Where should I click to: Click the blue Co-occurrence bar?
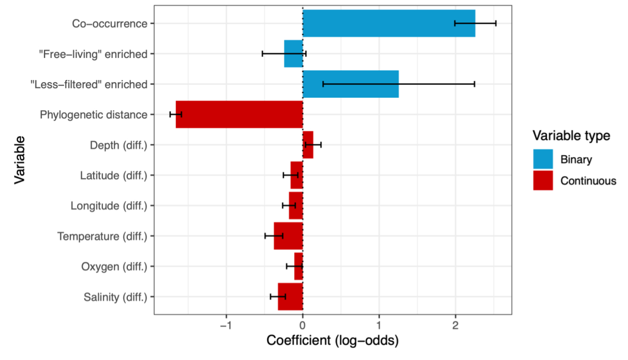pos(388,23)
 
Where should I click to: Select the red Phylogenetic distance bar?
pos(239,114)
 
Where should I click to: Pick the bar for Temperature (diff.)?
pos(288,236)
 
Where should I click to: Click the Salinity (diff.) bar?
pos(290,296)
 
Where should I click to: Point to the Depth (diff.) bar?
pos(308,145)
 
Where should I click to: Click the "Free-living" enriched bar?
pos(293,53)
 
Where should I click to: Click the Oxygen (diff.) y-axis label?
pos(114,267)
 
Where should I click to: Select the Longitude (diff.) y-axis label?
pos(109,206)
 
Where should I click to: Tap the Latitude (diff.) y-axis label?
pos(114,175)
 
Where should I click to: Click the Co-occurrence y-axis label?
pos(110,23)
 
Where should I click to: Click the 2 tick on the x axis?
pos(455,325)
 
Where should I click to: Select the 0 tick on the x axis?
pos(303,325)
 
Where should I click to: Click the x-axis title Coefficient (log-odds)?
pos(332,341)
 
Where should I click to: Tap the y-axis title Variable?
pos(20,160)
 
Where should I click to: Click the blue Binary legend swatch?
pos(543,159)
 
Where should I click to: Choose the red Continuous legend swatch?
pos(543,181)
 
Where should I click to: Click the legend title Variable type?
pos(572,136)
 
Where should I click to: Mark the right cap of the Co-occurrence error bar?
pos(496,23)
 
